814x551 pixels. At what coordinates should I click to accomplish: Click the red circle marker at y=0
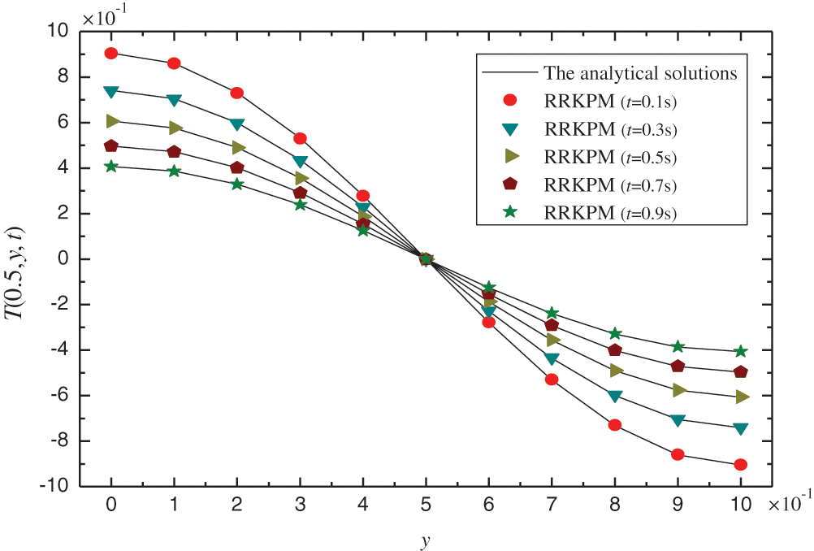pos(111,54)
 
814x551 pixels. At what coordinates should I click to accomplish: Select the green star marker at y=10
pos(740,352)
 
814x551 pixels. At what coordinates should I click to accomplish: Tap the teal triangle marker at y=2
pos(237,124)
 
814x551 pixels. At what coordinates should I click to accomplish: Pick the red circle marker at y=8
pos(614,425)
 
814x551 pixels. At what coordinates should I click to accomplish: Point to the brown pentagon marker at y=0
pos(111,146)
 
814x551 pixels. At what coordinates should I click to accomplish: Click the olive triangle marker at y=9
pos(678,390)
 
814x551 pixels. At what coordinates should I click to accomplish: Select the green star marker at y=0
pos(111,167)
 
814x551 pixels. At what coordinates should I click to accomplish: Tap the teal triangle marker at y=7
pos(552,359)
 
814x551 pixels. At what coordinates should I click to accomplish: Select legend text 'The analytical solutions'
pos(640,73)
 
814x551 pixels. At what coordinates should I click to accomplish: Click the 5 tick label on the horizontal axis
pos(426,505)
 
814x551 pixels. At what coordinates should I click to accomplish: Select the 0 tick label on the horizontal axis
pos(111,505)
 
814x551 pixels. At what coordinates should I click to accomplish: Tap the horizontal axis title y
pos(425,539)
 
